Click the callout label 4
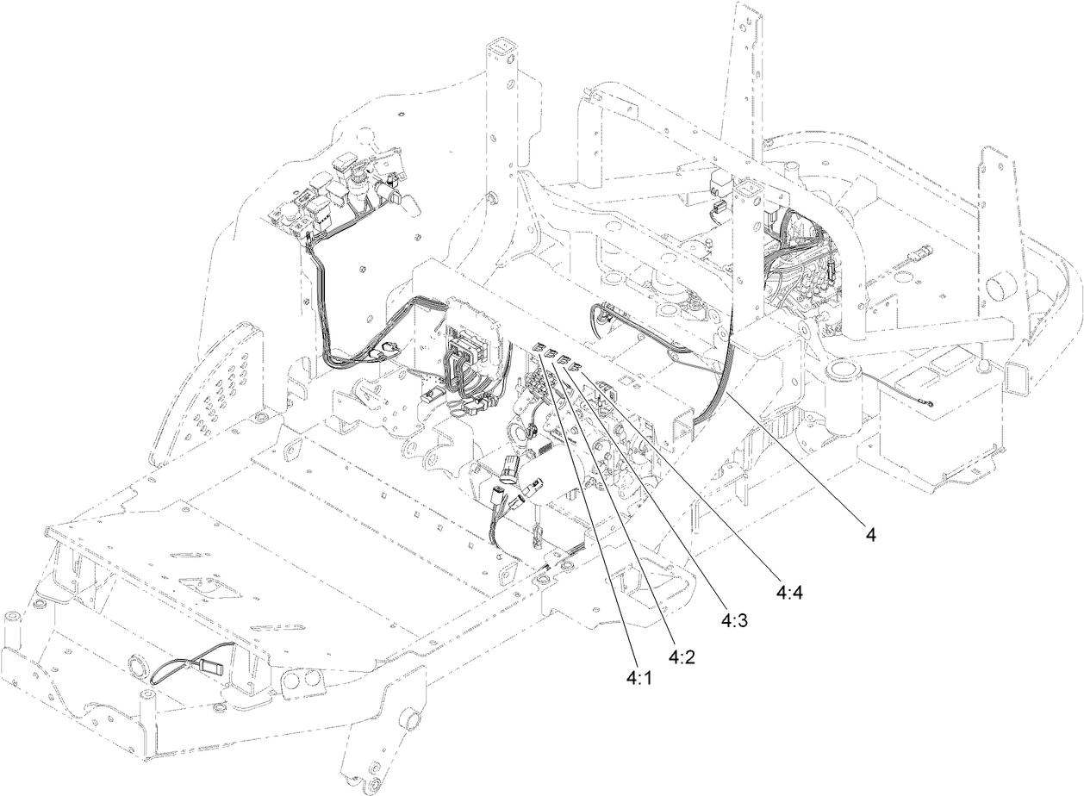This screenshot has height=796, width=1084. point(871,535)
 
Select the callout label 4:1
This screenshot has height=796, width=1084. point(638,679)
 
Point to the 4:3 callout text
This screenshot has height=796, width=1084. point(734,620)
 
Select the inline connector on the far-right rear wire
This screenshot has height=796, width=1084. point(921,255)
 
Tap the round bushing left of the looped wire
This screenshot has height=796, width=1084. point(138,667)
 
